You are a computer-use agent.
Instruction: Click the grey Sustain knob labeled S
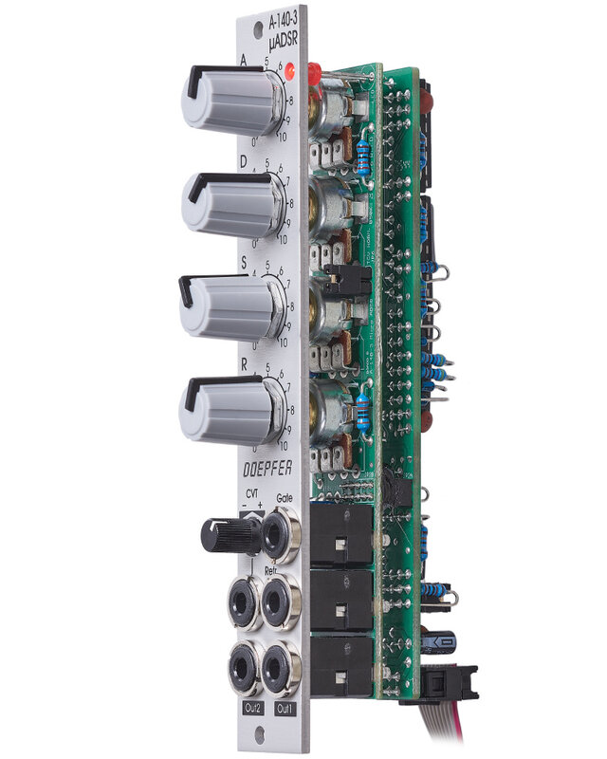coord(227,306)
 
